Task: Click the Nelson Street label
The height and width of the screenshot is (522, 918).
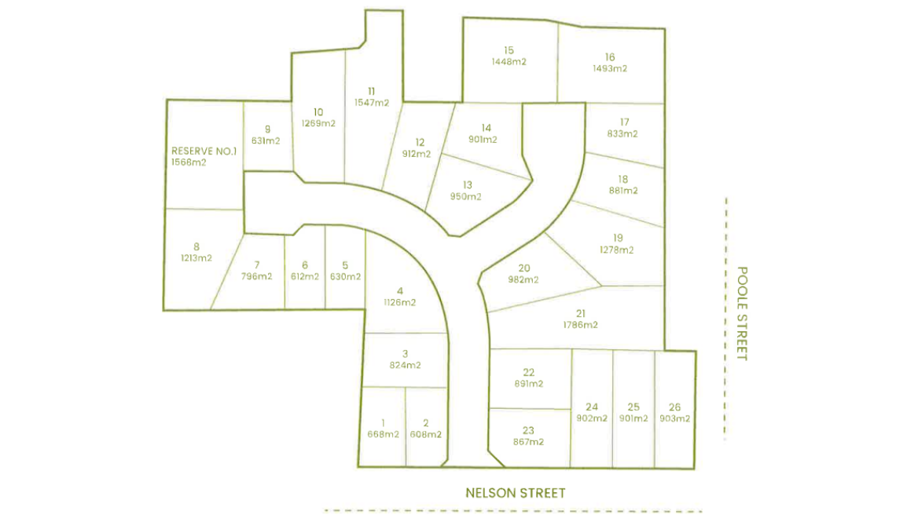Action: pyautogui.click(x=515, y=493)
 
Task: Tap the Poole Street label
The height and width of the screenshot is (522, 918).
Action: pyautogui.click(x=742, y=313)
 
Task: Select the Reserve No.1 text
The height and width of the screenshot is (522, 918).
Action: pyautogui.click(x=204, y=151)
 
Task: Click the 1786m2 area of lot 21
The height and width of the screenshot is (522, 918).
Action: pyautogui.click(x=580, y=325)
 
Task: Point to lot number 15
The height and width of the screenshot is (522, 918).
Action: pyautogui.click(x=509, y=50)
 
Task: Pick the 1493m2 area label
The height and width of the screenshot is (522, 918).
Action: pyautogui.click(x=610, y=68)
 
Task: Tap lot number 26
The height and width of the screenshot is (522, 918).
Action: pyautogui.click(x=674, y=407)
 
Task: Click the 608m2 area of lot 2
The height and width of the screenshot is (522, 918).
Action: pyautogui.click(x=425, y=434)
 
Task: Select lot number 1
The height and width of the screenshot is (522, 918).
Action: pyautogui.click(x=383, y=422)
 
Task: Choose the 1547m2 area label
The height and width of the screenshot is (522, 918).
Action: pyautogui.click(x=372, y=103)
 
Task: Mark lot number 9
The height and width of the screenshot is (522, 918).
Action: pyautogui.click(x=267, y=130)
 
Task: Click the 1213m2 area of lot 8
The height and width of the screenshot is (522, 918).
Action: pyautogui.click(x=196, y=257)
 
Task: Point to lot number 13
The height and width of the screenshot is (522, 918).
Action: pyautogui.click(x=468, y=185)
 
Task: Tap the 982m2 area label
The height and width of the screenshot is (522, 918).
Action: pyautogui.click(x=523, y=279)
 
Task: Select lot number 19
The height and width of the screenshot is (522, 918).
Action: pyautogui.click(x=617, y=239)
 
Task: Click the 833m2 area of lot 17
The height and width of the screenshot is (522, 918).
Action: pyautogui.click(x=622, y=133)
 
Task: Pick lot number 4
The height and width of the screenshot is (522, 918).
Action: pyautogui.click(x=400, y=290)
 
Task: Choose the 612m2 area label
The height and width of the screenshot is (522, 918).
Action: pyautogui.click(x=305, y=276)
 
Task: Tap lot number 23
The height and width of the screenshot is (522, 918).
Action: pyautogui.click(x=528, y=429)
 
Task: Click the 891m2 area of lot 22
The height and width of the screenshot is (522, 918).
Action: pyautogui.click(x=528, y=384)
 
